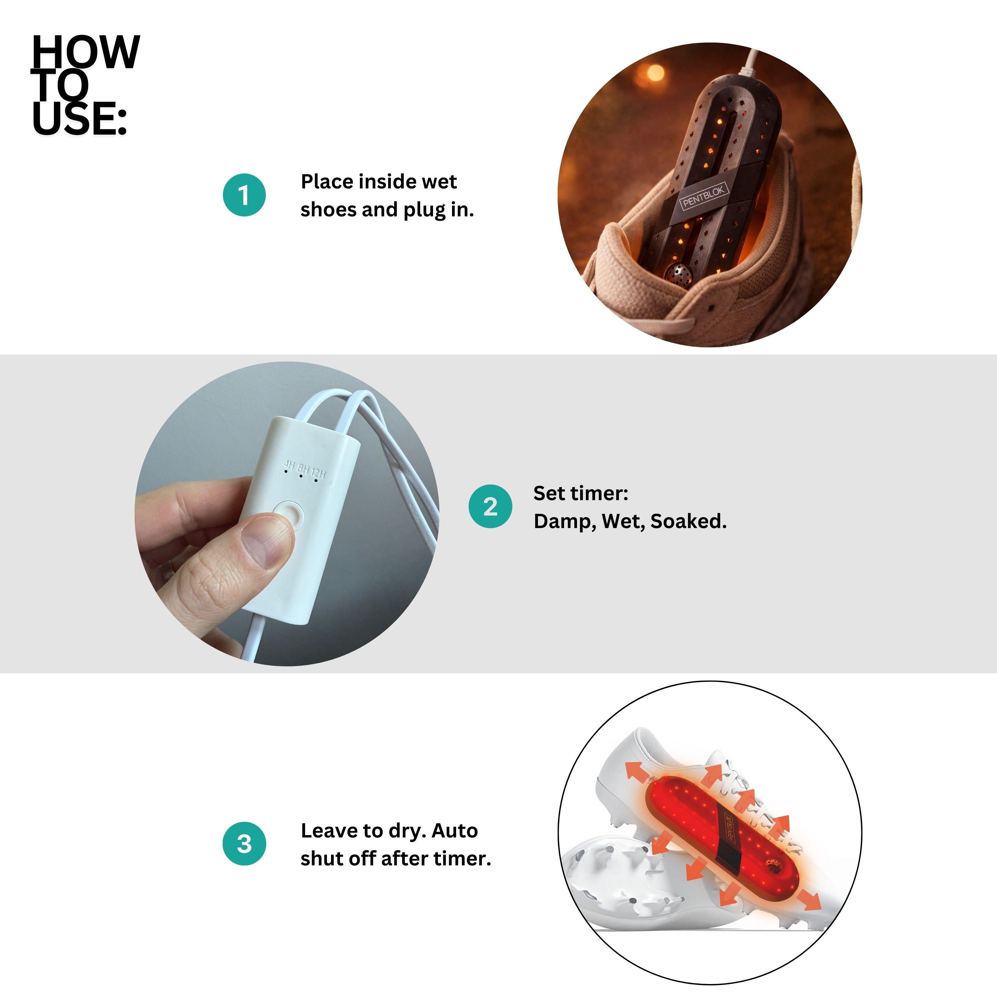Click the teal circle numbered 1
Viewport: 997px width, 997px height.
point(244,195)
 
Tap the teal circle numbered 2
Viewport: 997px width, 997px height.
point(490,506)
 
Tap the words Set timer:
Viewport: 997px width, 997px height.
point(581,493)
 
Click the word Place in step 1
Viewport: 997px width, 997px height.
point(327,182)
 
